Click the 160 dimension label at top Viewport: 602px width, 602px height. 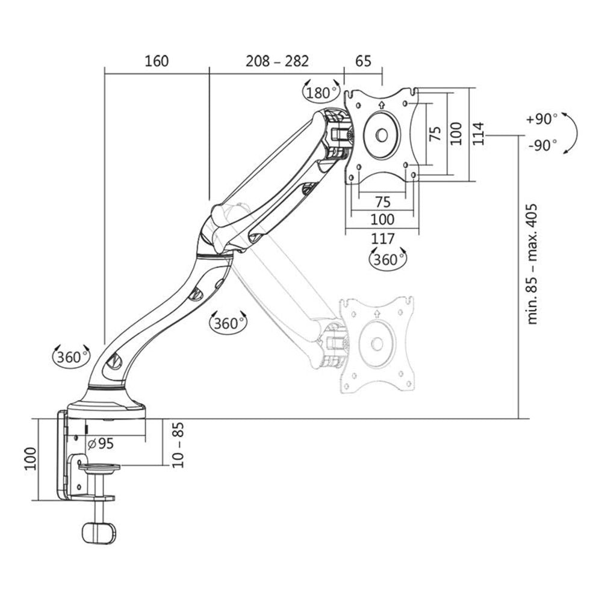pyautogui.click(x=157, y=61)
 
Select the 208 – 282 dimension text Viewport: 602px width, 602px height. pyautogui.click(x=277, y=61)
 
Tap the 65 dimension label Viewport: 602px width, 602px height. pyautogui.click(x=363, y=61)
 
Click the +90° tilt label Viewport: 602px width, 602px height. pyautogui.click(x=541, y=119)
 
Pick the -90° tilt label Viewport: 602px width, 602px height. pyautogui.click(x=541, y=146)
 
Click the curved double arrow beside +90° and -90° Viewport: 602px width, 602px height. pyautogui.click(x=571, y=134)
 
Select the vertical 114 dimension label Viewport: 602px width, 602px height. pyautogui.click(x=477, y=134)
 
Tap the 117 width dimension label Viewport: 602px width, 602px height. pyautogui.click(x=383, y=239)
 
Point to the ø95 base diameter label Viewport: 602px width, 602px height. pyautogui.click(x=101, y=444)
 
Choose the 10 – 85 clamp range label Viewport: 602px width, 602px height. pyautogui.click(x=179, y=445)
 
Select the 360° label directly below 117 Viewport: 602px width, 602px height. pyautogui.click(x=386, y=259)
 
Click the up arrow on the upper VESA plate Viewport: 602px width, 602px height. pyautogui.click(x=382, y=104)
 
